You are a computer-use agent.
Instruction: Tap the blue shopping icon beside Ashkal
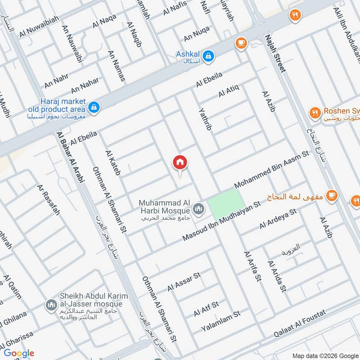(x=208, y=56)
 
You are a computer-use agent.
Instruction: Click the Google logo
(x=19, y=353)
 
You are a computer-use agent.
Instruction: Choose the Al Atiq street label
(x=228, y=90)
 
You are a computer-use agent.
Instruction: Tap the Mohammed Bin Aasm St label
(x=272, y=170)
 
